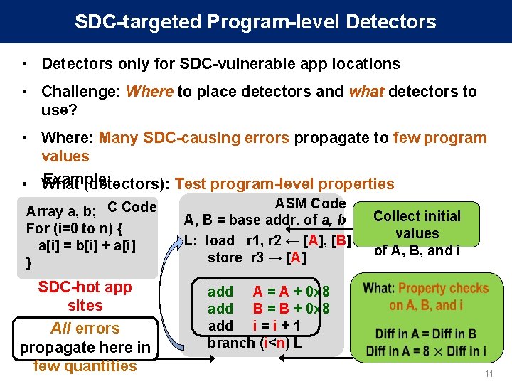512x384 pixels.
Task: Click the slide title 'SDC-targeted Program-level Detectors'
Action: [255, 21]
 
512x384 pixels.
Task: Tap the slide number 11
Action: [488, 374]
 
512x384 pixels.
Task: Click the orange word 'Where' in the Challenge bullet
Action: [149, 91]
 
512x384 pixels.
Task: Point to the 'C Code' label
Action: [132, 207]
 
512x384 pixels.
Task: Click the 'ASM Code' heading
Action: [310, 203]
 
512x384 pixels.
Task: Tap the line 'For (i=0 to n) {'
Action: [75, 229]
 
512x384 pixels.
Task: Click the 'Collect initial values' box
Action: [417, 225]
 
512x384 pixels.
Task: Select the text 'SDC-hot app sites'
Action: [85, 297]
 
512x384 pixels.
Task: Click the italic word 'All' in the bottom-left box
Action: [65, 329]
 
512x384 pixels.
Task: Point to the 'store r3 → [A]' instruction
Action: [257, 257]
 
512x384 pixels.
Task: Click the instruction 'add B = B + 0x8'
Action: [268, 309]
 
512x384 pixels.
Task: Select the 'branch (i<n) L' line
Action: [254, 342]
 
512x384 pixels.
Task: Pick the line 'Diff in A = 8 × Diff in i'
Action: [425, 351]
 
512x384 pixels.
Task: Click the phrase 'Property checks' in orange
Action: [443, 288]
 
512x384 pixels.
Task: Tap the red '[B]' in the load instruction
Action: [339, 240]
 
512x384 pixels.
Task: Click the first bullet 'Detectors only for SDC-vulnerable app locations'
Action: [220, 63]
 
